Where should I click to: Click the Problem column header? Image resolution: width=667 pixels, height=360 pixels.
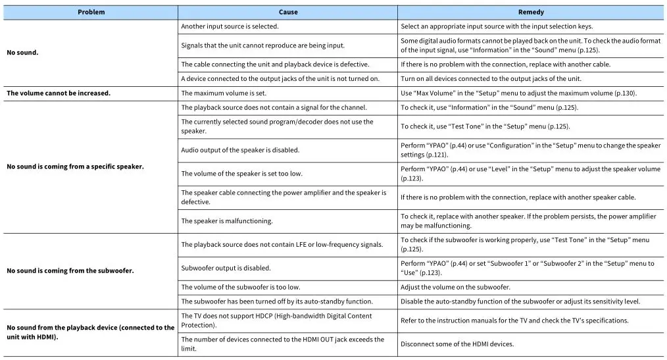coord(91,12)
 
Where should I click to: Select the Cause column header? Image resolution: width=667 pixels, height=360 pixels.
coord(288,12)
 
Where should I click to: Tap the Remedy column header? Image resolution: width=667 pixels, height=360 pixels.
coord(531,12)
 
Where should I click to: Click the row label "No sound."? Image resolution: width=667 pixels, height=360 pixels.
coord(22,52)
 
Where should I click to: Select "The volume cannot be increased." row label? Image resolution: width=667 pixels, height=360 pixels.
coord(59,93)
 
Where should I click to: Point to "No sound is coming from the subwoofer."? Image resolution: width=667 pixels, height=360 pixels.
coord(70,270)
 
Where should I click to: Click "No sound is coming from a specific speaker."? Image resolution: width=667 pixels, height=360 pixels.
coord(75,167)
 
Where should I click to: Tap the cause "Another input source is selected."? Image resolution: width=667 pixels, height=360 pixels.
coord(230,26)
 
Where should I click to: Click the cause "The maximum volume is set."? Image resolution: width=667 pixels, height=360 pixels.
coord(222,93)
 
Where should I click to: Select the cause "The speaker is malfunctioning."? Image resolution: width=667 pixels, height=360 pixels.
coord(227,221)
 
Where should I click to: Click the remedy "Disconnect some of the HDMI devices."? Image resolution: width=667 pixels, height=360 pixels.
coord(457,344)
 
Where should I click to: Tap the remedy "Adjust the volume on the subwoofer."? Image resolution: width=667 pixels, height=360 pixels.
coord(455,287)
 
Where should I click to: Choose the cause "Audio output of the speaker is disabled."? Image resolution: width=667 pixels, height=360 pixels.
coord(240,150)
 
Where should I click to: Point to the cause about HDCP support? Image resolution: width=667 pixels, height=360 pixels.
coord(276,321)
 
